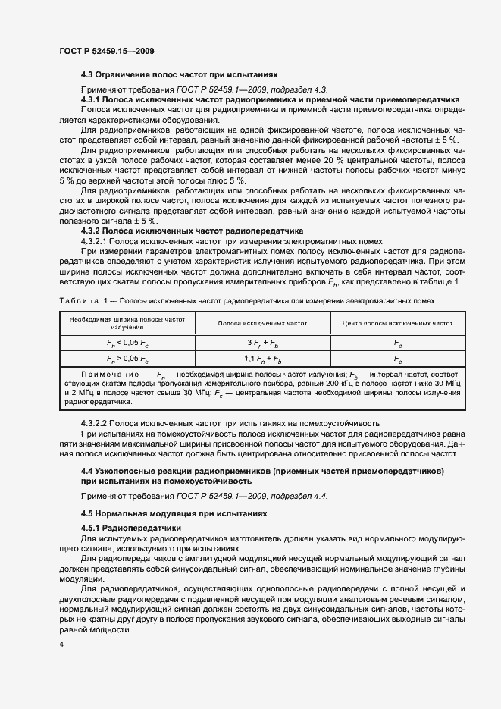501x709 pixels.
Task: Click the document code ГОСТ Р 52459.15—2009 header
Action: pos(107,51)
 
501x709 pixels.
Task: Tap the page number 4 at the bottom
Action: pos(60,645)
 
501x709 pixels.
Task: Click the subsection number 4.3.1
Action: pos(91,100)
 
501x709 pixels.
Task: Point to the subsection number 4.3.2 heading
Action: pos(91,230)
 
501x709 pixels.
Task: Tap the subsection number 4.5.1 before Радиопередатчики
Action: pos(91,528)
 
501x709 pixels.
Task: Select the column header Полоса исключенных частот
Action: pos(262,323)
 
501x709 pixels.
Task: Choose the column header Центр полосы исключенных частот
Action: pos(397,323)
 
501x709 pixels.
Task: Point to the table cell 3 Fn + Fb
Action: pos(262,343)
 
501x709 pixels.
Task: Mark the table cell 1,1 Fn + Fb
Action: pos(262,358)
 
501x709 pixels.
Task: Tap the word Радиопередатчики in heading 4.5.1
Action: pos(142,528)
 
